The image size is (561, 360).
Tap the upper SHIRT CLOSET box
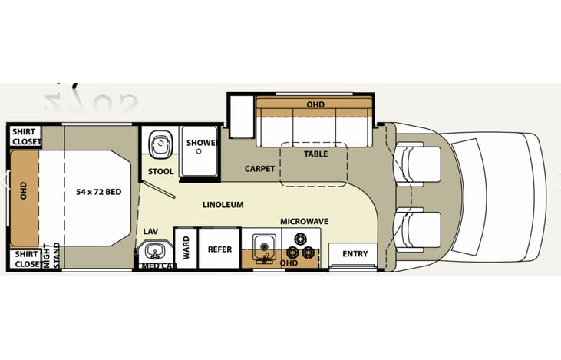(25, 136)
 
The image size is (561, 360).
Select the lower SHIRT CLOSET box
(25, 259)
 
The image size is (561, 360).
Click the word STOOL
(161, 171)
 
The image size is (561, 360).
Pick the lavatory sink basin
(156, 251)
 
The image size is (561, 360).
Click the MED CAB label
(157, 266)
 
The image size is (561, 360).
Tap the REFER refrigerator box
(219, 249)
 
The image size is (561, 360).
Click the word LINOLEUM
(223, 205)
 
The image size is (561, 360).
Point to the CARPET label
(259, 168)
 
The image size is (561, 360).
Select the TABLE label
(315, 154)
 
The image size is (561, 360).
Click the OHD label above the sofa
(315, 104)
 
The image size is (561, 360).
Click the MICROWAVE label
(304, 221)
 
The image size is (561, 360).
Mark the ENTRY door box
(355, 254)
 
